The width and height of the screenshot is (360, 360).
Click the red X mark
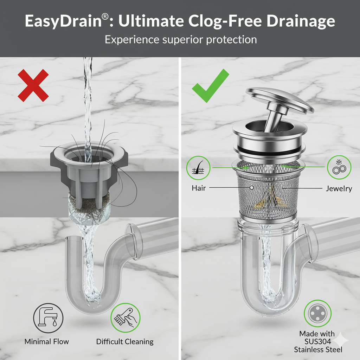(33, 85)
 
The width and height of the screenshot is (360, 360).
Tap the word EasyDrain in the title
(63, 21)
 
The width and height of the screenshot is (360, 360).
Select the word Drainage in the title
(301, 21)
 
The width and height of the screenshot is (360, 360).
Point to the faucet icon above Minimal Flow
(48, 318)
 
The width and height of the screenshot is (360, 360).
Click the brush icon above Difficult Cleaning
(126, 317)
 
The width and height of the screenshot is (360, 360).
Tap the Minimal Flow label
(47, 342)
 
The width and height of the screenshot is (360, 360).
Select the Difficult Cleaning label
(125, 342)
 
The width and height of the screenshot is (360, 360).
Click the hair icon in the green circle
(198, 168)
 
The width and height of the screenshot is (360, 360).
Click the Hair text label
(199, 188)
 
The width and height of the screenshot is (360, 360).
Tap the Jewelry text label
(339, 189)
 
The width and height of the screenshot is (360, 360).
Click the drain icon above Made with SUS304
(318, 313)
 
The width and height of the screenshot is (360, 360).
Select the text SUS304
(318, 342)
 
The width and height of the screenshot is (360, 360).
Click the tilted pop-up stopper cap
(279, 101)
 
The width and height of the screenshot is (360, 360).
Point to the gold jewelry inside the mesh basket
(271, 198)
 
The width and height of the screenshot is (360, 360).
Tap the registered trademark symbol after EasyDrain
(105, 17)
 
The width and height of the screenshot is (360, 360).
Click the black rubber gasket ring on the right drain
(269, 150)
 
